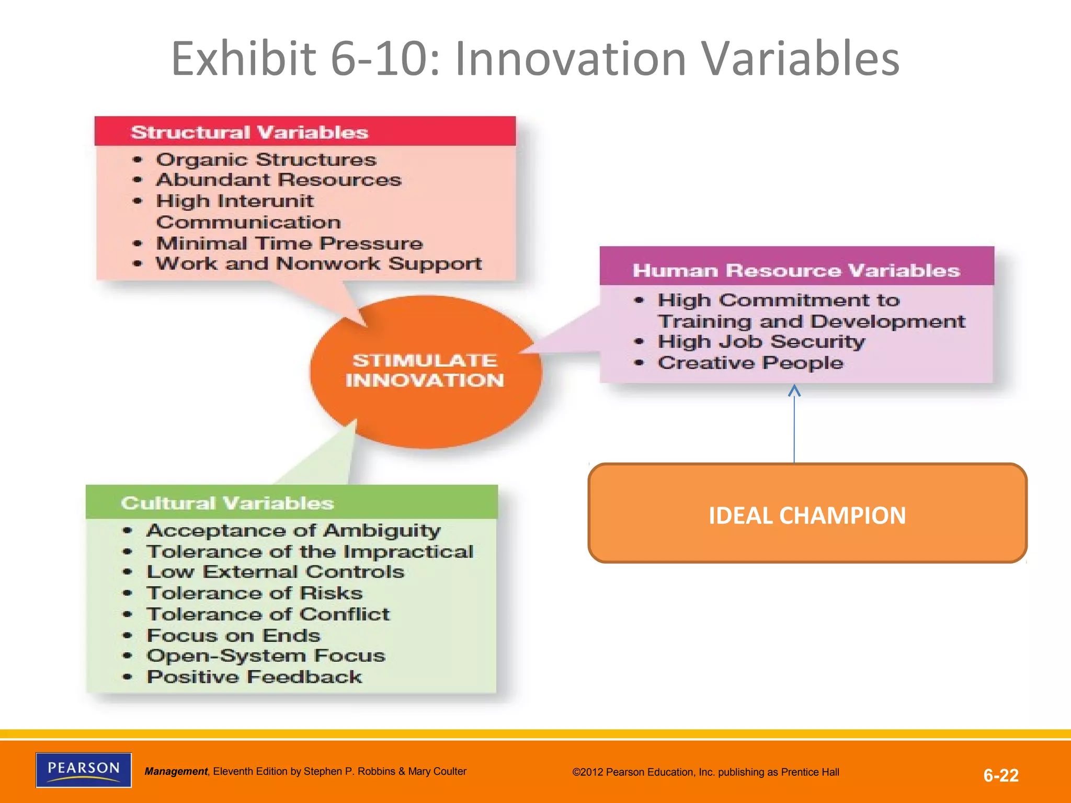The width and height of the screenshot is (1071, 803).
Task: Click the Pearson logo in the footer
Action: [x=84, y=770]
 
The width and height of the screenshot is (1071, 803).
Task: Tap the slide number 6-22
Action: [x=1000, y=775]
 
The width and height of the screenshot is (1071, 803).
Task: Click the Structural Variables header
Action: [x=249, y=132]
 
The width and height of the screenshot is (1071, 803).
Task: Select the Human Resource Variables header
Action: [x=796, y=270]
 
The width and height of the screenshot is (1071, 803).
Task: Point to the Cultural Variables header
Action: [x=227, y=503]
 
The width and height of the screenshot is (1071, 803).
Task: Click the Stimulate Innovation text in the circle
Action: [x=425, y=370]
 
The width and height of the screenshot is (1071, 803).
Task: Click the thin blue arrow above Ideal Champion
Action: [x=794, y=423]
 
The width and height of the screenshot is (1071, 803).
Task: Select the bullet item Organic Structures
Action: [x=266, y=159]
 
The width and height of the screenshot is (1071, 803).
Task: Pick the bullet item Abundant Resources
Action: [x=279, y=180]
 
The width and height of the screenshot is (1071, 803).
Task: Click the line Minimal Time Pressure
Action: [x=289, y=243]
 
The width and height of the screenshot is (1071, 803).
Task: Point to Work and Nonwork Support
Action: [x=318, y=263]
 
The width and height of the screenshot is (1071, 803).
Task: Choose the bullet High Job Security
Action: [x=761, y=341]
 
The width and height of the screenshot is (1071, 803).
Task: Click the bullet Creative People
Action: [x=750, y=363]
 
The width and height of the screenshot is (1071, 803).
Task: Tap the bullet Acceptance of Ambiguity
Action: [x=293, y=531]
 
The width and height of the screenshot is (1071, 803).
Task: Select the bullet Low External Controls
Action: [x=276, y=572]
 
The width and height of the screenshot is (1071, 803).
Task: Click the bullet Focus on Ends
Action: [x=233, y=635]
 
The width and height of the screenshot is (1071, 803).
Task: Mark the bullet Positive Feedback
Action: [x=254, y=677]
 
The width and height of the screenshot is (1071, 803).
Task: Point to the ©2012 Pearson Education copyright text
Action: [x=705, y=772]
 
